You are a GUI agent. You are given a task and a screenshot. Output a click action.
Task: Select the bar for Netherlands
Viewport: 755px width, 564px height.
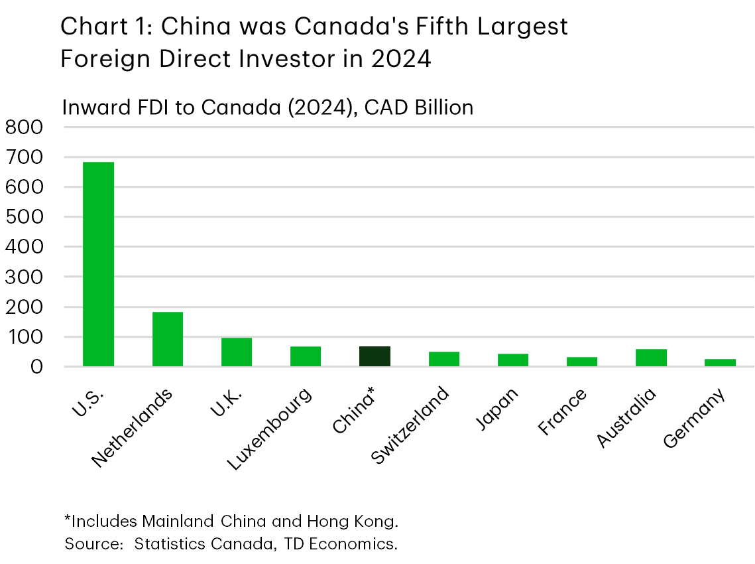(167, 339)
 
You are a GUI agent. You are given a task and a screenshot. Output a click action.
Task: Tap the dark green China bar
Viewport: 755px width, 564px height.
(375, 356)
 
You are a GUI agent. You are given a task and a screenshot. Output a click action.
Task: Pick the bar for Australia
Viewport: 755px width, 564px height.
(651, 358)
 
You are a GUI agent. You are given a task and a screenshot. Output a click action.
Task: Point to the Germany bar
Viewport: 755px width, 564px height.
(720, 362)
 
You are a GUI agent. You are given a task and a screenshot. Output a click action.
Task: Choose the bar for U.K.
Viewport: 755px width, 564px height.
(237, 352)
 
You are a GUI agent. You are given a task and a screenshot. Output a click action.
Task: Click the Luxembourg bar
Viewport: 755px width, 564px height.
(306, 356)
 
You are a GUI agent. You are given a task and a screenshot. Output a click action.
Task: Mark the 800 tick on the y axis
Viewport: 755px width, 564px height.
(23, 127)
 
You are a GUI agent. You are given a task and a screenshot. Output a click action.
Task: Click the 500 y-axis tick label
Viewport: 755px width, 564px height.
(23, 217)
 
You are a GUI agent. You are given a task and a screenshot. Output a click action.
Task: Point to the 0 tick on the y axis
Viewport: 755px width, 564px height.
(34, 367)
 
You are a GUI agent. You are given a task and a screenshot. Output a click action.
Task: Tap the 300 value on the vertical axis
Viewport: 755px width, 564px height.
(23, 277)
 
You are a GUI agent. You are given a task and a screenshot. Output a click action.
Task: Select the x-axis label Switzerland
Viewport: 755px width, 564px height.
(411, 425)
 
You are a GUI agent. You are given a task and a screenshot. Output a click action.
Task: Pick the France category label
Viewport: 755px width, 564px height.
(563, 413)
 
